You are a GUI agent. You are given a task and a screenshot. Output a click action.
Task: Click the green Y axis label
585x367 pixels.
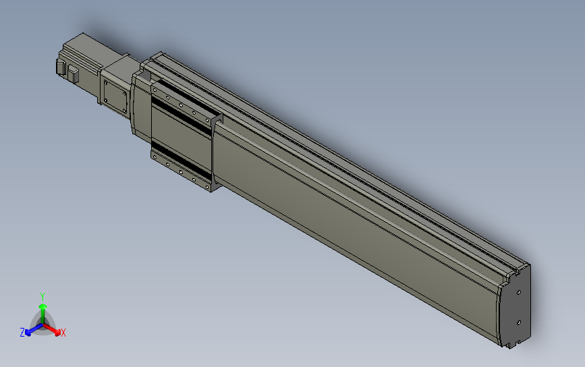pyautogui.click(x=43, y=295)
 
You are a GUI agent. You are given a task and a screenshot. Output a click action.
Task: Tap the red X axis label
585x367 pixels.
pyautogui.click(x=63, y=333)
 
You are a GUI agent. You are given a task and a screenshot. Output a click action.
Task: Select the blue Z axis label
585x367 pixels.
pyautogui.click(x=22, y=332)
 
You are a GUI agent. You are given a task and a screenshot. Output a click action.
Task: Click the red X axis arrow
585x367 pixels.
pyautogui.click(x=55, y=329)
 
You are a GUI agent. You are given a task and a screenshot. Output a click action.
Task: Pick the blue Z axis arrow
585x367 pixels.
pyautogui.click(x=30, y=329)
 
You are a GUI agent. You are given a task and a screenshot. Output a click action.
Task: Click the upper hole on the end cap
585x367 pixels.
pyautogui.click(x=519, y=293)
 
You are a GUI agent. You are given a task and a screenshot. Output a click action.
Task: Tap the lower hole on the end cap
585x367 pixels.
pyautogui.click(x=518, y=322)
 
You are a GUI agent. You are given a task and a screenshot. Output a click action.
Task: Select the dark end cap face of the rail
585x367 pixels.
pyautogui.click(x=516, y=307)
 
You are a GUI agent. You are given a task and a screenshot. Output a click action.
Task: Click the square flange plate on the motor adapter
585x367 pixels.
pyautogui.click(x=115, y=95)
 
